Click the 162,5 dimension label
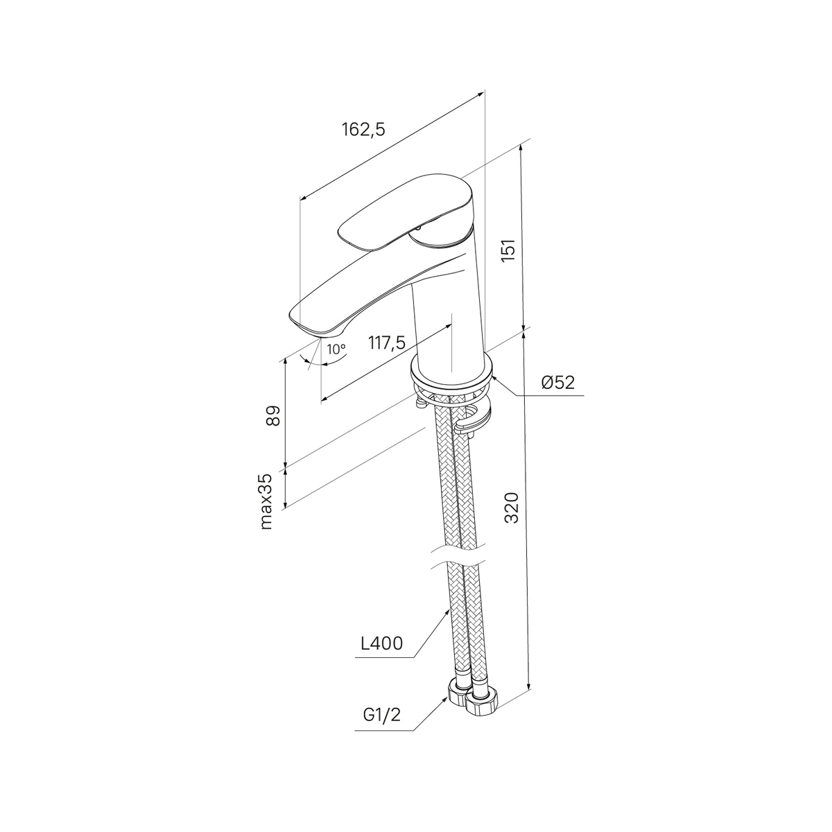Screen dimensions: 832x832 tap(363, 130)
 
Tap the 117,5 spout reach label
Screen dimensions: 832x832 tap(387, 343)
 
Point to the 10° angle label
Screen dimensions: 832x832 tap(336, 349)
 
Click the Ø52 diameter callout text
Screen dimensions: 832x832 tap(558, 383)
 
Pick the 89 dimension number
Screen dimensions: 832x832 tap(273, 416)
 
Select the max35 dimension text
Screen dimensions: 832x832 tap(267, 501)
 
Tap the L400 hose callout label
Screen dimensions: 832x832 tap(381, 656)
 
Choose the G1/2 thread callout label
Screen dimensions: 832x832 tap(381, 716)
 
